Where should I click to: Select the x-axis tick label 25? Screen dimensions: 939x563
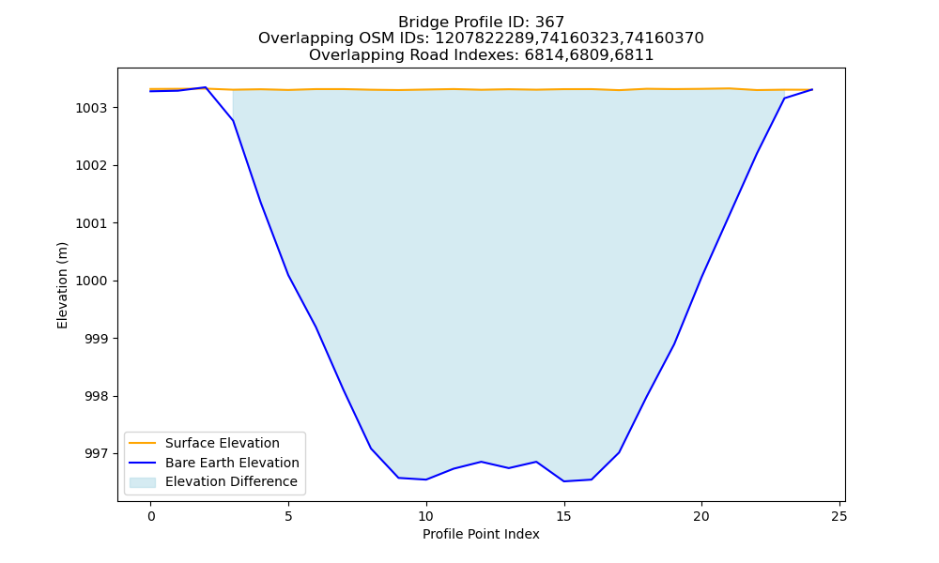point(839,516)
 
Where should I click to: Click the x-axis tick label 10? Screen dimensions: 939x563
point(425,516)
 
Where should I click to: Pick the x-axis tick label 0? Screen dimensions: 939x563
point(151,516)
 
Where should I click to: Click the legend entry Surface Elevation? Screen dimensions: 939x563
point(223,443)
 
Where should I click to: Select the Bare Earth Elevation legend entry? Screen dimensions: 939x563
point(232,463)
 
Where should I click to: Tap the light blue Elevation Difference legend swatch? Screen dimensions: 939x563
point(143,482)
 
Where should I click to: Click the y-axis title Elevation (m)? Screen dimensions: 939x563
point(62,285)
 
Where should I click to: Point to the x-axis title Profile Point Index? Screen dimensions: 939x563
point(481,534)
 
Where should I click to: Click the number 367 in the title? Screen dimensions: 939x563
point(549,23)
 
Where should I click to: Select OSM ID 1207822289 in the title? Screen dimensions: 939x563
point(485,38)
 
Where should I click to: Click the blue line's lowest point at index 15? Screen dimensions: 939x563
point(563,481)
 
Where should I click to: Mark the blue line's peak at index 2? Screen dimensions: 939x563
point(206,87)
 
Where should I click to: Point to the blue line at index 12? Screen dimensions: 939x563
point(481,462)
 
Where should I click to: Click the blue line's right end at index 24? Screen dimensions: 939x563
point(812,89)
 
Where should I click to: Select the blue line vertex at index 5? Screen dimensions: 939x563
point(288,275)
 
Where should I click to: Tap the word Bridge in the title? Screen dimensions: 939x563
point(420,23)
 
